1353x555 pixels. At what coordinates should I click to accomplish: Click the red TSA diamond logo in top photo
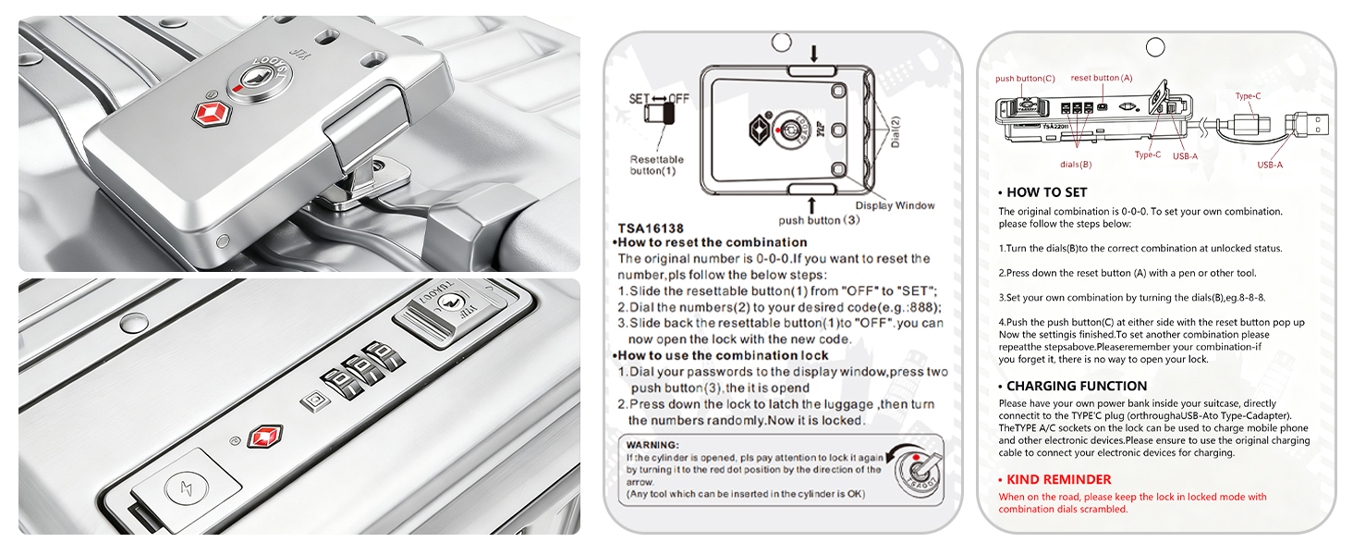(x=212, y=114)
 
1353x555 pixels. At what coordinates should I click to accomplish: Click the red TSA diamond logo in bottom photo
(x=265, y=436)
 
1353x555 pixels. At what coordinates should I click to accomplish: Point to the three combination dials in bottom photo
(x=363, y=370)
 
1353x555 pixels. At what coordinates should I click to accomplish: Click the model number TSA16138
(x=651, y=228)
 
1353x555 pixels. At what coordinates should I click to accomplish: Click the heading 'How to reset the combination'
(x=710, y=242)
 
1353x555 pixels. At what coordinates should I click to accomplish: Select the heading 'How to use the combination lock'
(x=720, y=355)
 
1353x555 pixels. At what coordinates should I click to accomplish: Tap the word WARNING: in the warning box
(x=652, y=445)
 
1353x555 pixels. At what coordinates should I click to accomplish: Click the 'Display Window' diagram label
(x=895, y=205)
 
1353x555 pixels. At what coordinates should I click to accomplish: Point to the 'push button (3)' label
(x=819, y=220)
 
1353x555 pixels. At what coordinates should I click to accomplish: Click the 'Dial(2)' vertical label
(x=896, y=131)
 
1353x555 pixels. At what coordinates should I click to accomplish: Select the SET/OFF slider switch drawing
(x=660, y=113)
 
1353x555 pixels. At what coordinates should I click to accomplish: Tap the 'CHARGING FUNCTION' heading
(x=1077, y=386)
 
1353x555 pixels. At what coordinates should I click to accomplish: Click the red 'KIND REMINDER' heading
(x=1058, y=479)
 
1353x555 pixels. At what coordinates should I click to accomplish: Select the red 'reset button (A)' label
(x=1102, y=78)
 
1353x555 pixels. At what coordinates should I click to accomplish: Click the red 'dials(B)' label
(x=1076, y=165)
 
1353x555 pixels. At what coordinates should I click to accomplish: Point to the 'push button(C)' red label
(x=1025, y=79)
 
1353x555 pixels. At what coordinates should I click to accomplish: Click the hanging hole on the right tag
(x=1155, y=47)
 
